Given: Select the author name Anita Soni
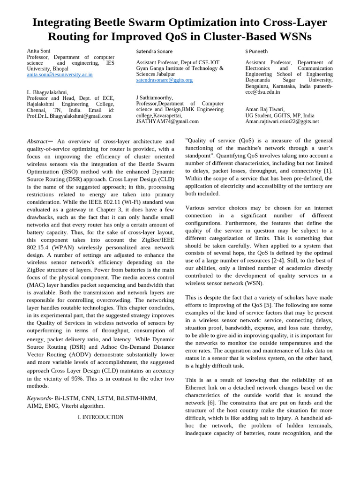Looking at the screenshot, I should click(x=38, y=51).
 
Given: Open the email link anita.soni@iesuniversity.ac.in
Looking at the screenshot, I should click(x=60, y=75).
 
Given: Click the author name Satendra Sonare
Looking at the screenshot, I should click(x=154, y=52).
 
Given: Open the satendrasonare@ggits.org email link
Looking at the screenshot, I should click(x=164, y=80).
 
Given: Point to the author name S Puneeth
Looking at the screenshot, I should click(x=256, y=52).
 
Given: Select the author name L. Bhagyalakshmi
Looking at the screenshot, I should click(x=47, y=92).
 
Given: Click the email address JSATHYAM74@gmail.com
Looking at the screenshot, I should click(x=167, y=121).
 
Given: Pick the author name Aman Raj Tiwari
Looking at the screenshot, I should click(x=265, y=109).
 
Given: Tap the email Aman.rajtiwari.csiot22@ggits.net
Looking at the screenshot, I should click(x=282, y=121).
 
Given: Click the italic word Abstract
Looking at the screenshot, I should click(x=37, y=141).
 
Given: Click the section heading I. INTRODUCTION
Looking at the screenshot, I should click(x=100, y=417).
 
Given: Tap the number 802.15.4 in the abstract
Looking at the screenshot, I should click(x=39, y=247).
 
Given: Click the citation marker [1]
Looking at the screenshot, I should click(x=328, y=171).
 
